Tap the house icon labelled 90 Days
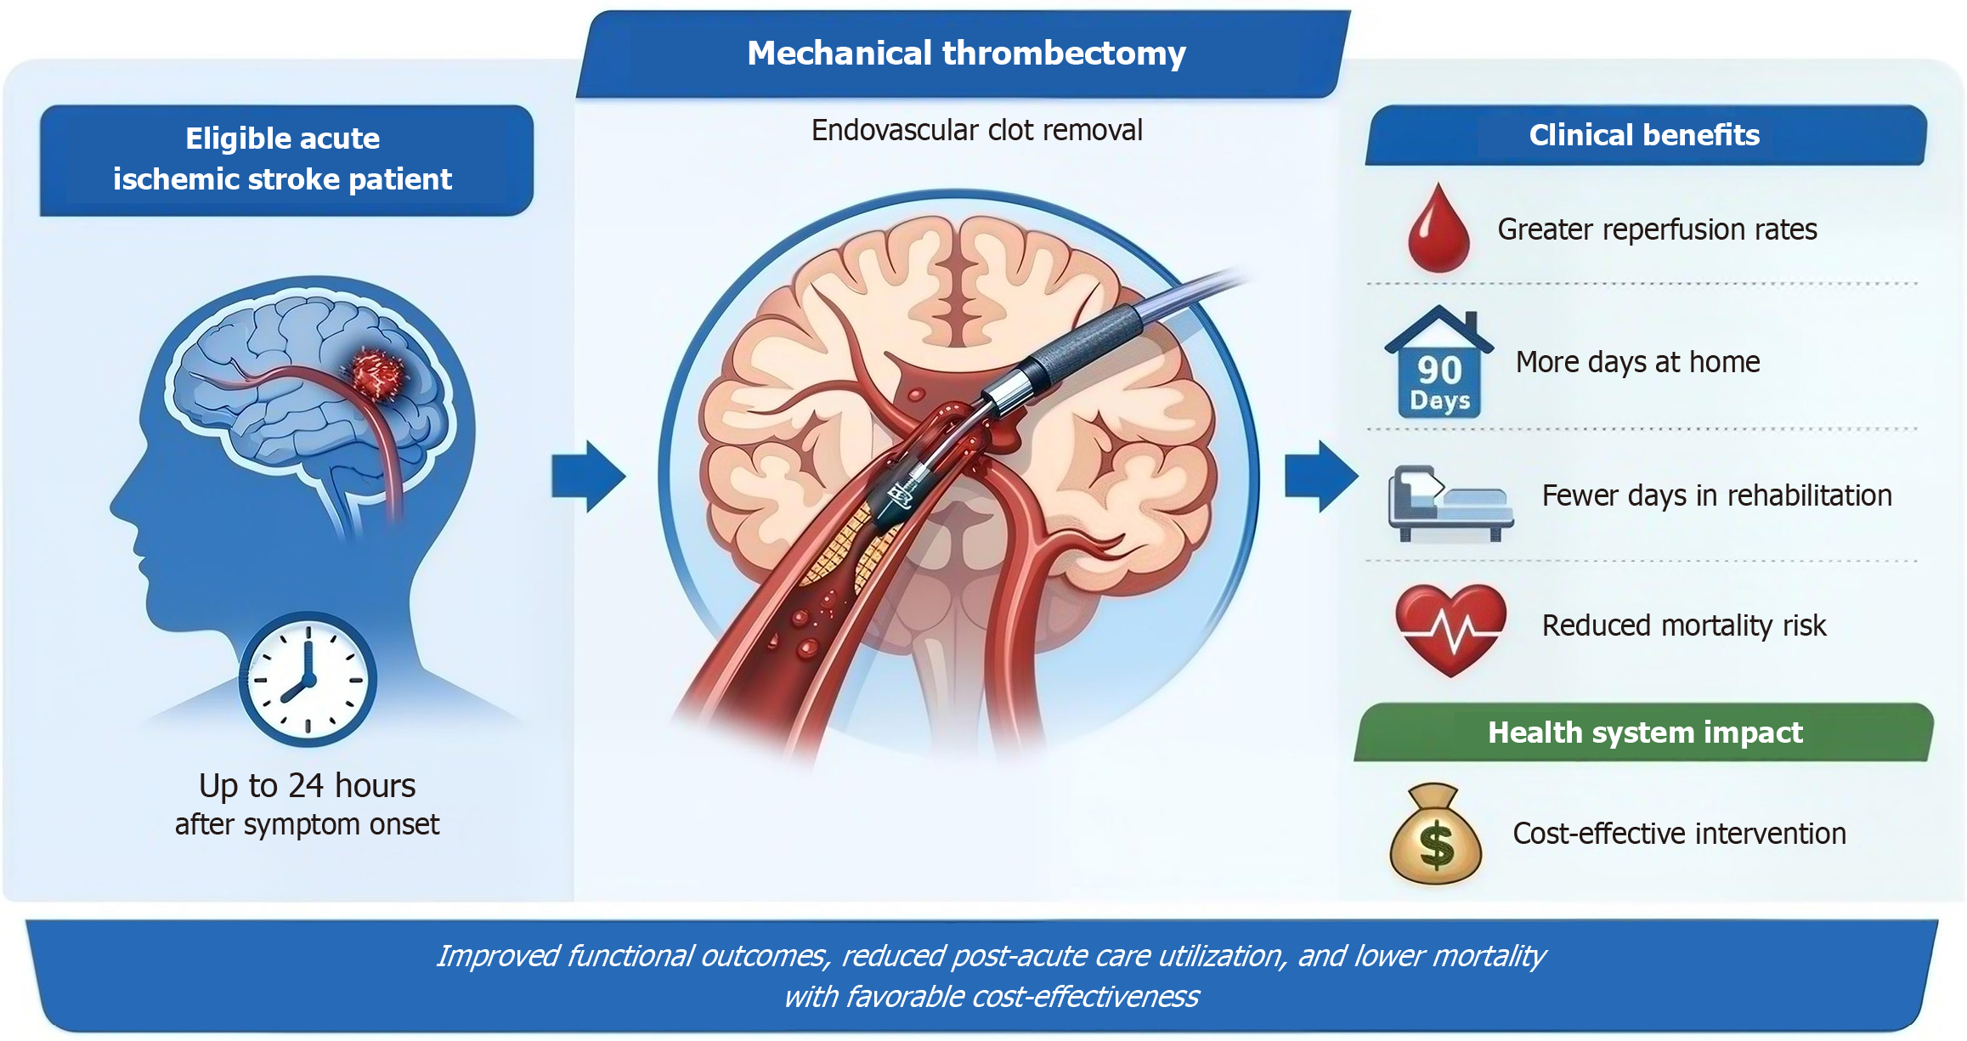[x=1439, y=363]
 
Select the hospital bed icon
[x=1450, y=503]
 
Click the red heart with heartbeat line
[x=1450, y=629]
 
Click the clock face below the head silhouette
[x=308, y=680]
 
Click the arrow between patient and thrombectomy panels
[x=589, y=476]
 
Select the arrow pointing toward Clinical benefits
[x=1321, y=476]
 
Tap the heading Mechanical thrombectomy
[x=966, y=54]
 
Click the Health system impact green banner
[x=1644, y=733]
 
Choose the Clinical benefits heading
[x=1644, y=135]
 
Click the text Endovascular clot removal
[x=976, y=130]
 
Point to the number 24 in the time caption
[x=306, y=786]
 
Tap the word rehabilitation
[x=1809, y=495]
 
